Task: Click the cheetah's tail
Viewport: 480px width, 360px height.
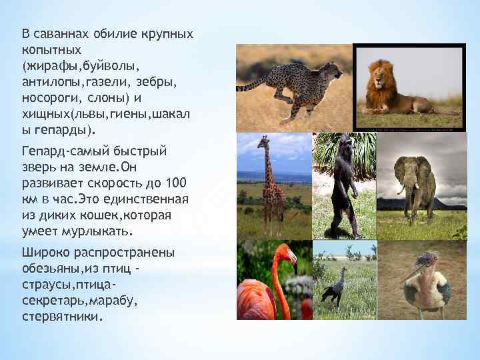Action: pos(252,85)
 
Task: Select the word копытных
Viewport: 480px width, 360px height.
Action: pos(51,49)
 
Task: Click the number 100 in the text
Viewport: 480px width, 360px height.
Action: pos(175,183)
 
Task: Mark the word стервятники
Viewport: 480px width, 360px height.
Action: pos(63,317)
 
